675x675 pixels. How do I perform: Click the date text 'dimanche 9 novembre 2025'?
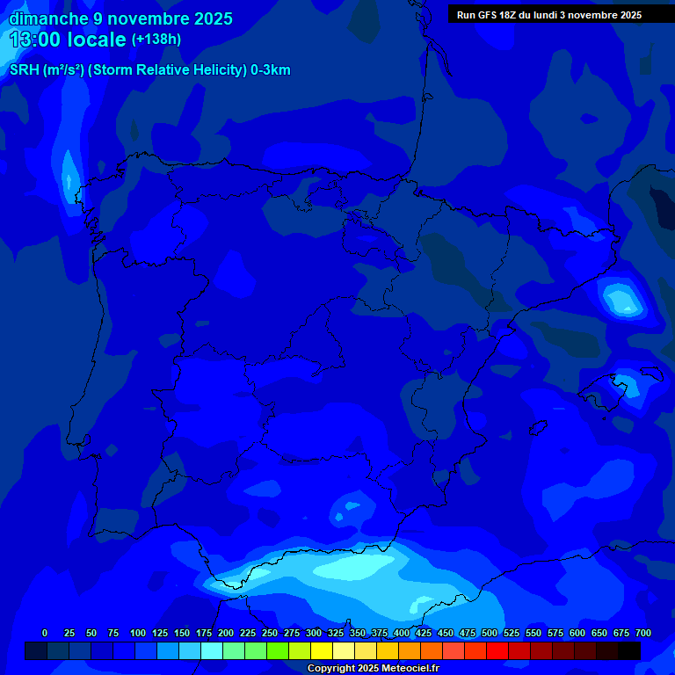(120, 18)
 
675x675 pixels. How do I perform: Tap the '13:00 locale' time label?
(68, 40)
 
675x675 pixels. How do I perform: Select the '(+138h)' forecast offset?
(156, 40)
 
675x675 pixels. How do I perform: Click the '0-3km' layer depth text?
(271, 70)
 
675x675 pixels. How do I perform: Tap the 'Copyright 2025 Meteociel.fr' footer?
(373, 669)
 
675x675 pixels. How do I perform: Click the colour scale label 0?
(45, 633)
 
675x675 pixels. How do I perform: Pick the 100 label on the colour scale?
(138, 633)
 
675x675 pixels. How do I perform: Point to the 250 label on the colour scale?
(270, 633)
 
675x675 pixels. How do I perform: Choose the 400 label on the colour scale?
(402, 633)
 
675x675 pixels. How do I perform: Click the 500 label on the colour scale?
(490, 633)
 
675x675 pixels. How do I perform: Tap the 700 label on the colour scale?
(643, 633)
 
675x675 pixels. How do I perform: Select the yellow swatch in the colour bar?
(322, 651)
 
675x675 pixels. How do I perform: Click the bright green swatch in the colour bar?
(278, 651)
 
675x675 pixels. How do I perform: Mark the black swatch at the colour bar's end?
(629, 651)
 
